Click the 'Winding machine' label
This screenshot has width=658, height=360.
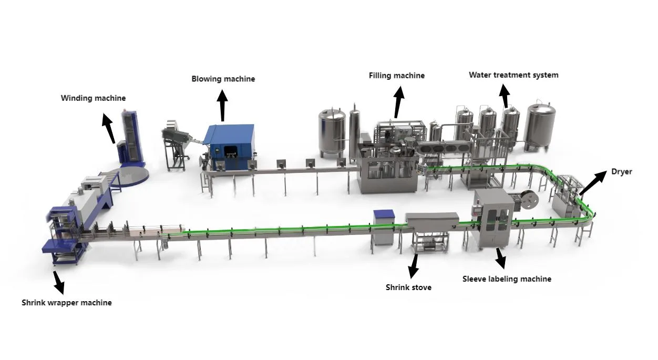(x=93, y=98)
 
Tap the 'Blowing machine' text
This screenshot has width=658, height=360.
(x=223, y=79)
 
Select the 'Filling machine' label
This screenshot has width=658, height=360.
(x=396, y=76)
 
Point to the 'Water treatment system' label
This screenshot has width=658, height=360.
(x=513, y=75)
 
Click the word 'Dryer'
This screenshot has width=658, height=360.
(x=621, y=172)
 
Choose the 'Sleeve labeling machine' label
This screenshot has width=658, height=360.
(x=507, y=279)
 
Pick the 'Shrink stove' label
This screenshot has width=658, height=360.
(x=408, y=287)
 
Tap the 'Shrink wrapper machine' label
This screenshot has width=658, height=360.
(x=67, y=303)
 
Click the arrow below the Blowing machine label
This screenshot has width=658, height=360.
(x=222, y=105)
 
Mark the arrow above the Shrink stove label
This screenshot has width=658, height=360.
(x=414, y=265)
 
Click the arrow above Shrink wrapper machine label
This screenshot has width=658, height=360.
(x=58, y=282)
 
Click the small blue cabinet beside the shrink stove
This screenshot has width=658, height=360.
(x=383, y=228)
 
